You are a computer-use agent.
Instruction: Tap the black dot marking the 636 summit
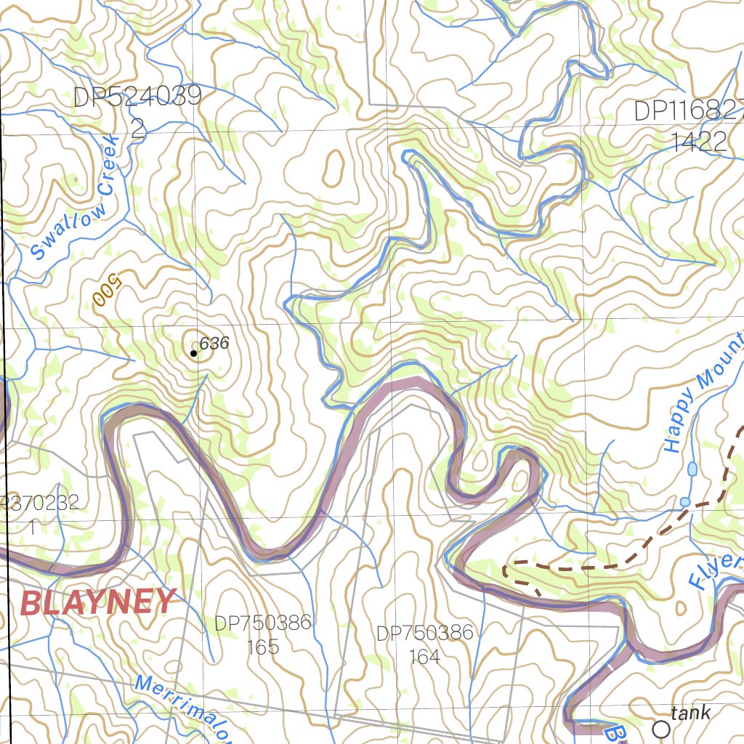pyautogui.click(x=193, y=354)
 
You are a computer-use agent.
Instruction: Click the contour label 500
pyautogui.click(x=106, y=291)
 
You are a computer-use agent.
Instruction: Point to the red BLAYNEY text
pyautogui.click(x=98, y=602)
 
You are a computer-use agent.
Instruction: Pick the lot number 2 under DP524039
pyautogui.click(x=138, y=129)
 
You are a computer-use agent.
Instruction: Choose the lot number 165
pyautogui.click(x=262, y=647)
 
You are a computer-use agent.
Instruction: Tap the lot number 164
pyautogui.click(x=424, y=657)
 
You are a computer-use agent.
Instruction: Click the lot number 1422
pyautogui.click(x=698, y=142)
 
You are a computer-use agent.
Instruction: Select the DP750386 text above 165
pyautogui.click(x=262, y=623)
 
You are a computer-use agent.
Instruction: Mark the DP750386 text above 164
pyautogui.click(x=424, y=633)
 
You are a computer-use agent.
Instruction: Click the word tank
pyautogui.click(x=691, y=713)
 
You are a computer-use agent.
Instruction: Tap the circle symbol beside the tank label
pyautogui.click(x=661, y=727)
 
